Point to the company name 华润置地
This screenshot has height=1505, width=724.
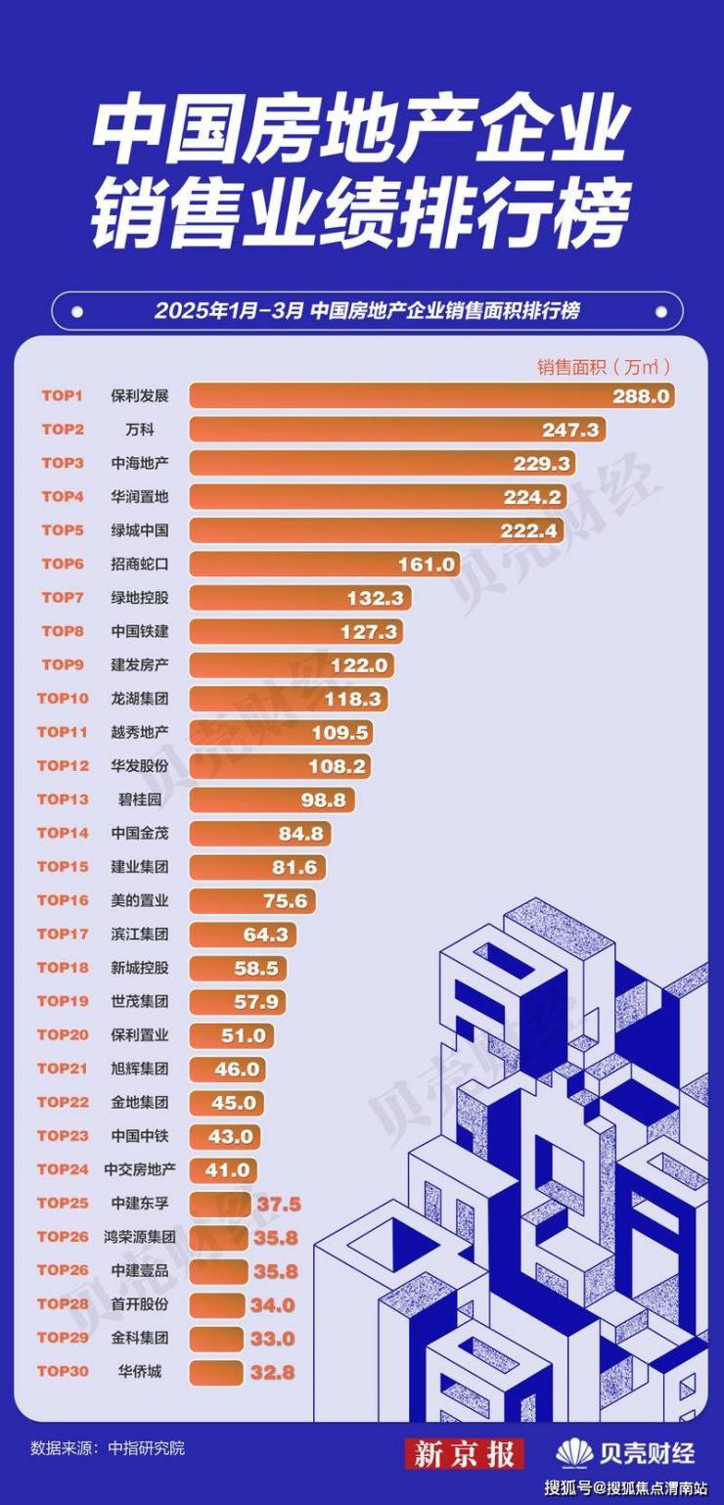point(140,497)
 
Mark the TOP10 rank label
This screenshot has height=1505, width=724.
point(63,699)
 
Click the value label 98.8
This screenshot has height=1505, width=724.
point(323,799)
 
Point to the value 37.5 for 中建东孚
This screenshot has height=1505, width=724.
point(278,1204)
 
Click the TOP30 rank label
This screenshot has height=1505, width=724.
point(63,1372)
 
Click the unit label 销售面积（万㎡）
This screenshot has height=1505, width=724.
point(603,367)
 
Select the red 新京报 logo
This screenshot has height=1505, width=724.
point(465,1453)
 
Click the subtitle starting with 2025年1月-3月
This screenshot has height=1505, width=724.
point(366,311)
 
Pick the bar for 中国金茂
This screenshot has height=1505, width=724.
point(259,834)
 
